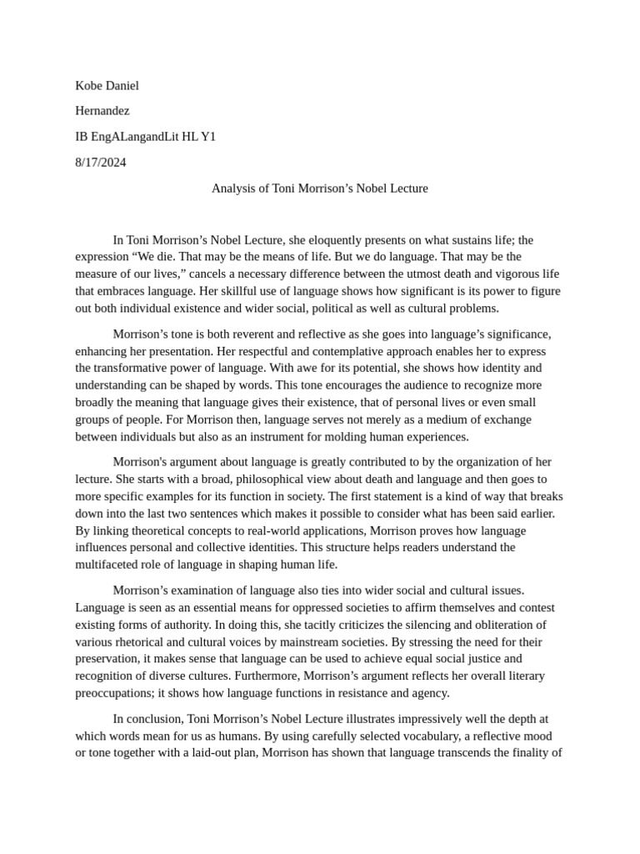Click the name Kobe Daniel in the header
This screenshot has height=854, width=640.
pyautogui.click(x=107, y=85)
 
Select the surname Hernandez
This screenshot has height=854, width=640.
pyautogui.click(x=102, y=110)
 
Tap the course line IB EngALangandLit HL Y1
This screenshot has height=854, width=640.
pyautogui.click(x=145, y=136)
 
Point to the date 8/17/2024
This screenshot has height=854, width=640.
pyautogui.click(x=100, y=162)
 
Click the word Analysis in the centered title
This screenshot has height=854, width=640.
pyautogui.click(x=232, y=188)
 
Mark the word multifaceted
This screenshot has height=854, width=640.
pyautogui.click(x=111, y=565)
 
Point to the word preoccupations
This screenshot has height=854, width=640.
pyautogui.click(x=113, y=693)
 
